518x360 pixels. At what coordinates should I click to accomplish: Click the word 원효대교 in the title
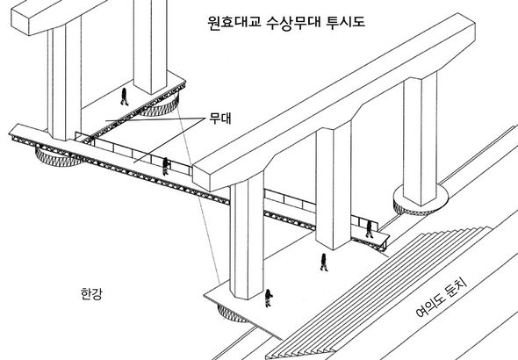click(234, 23)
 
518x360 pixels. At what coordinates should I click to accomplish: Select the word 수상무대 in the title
click(293, 23)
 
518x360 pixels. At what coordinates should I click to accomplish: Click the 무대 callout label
click(220, 119)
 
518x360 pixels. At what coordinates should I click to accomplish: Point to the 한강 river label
click(91, 293)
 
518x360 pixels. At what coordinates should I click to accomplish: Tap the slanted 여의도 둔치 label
click(441, 299)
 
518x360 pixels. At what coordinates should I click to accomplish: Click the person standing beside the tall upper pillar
click(124, 97)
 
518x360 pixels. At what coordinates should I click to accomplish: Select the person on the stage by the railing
click(166, 166)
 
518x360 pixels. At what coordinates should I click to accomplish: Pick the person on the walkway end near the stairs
click(369, 229)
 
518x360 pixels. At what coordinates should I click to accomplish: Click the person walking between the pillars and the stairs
click(324, 263)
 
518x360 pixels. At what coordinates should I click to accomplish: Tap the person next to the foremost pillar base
click(269, 298)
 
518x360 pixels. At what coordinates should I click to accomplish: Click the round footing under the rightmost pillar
click(421, 201)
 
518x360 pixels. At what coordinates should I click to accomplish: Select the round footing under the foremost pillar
click(231, 313)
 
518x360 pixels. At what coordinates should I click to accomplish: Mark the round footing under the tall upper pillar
click(159, 105)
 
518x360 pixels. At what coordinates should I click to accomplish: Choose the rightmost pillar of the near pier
click(421, 139)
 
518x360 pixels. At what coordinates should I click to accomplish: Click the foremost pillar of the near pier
click(247, 235)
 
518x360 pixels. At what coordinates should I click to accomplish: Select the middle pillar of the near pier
click(333, 185)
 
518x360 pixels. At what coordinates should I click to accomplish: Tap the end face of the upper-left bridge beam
click(20, 20)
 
